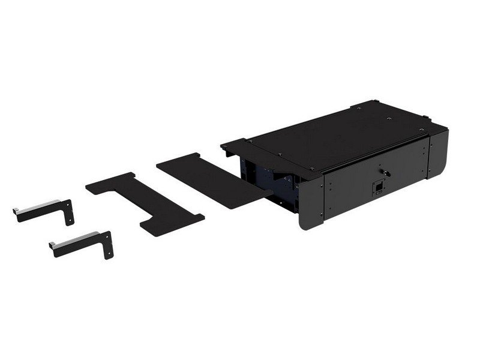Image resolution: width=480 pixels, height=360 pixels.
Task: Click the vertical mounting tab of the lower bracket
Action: click(x=107, y=244)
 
